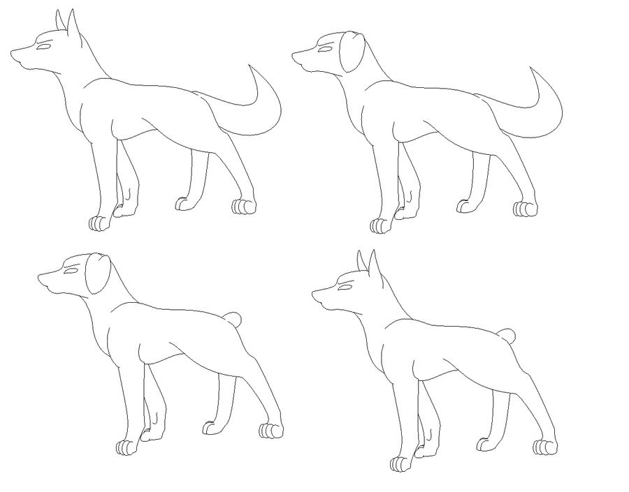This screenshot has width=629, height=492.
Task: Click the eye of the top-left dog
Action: point(44,47)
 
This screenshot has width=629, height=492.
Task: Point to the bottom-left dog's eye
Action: point(71,270)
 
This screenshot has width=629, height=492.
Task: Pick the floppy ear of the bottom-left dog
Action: point(98,275)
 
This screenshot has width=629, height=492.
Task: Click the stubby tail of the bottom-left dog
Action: point(236,320)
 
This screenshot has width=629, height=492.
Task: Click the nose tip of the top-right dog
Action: point(294,54)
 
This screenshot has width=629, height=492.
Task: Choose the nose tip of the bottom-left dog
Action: point(40,276)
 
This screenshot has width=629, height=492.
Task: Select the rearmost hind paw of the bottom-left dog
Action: point(271,431)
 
